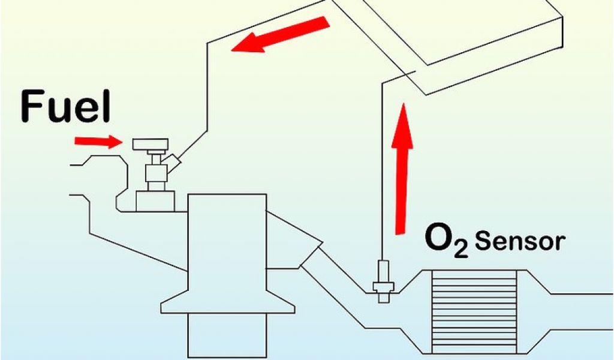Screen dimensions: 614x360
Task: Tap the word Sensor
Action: (520, 242)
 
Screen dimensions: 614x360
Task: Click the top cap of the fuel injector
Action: (151, 144)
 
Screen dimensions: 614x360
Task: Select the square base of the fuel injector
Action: (155, 200)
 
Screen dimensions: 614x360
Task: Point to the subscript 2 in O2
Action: (461, 248)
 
